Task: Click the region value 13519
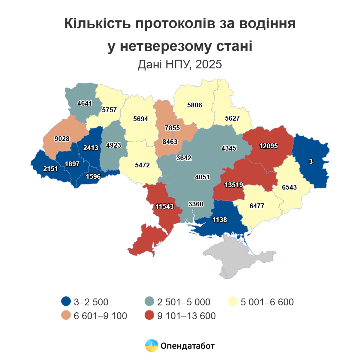click(x=234, y=185)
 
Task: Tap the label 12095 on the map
click(x=268, y=146)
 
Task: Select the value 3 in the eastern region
click(x=311, y=162)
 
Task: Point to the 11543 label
click(x=165, y=207)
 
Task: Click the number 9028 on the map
click(x=62, y=139)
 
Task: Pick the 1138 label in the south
click(x=220, y=220)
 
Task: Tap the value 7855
click(x=172, y=128)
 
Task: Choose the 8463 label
click(x=170, y=142)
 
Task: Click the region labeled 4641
click(x=85, y=103)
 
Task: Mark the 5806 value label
click(x=195, y=105)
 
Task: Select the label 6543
click(x=289, y=187)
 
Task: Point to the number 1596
click(x=93, y=177)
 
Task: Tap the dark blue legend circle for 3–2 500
click(x=66, y=301)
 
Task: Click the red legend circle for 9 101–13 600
click(x=149, y=316)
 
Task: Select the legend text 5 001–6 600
click(x=267, y=302)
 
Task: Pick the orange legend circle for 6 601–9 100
click(x=66, y=316)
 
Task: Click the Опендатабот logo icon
click(x=151, y=346)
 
